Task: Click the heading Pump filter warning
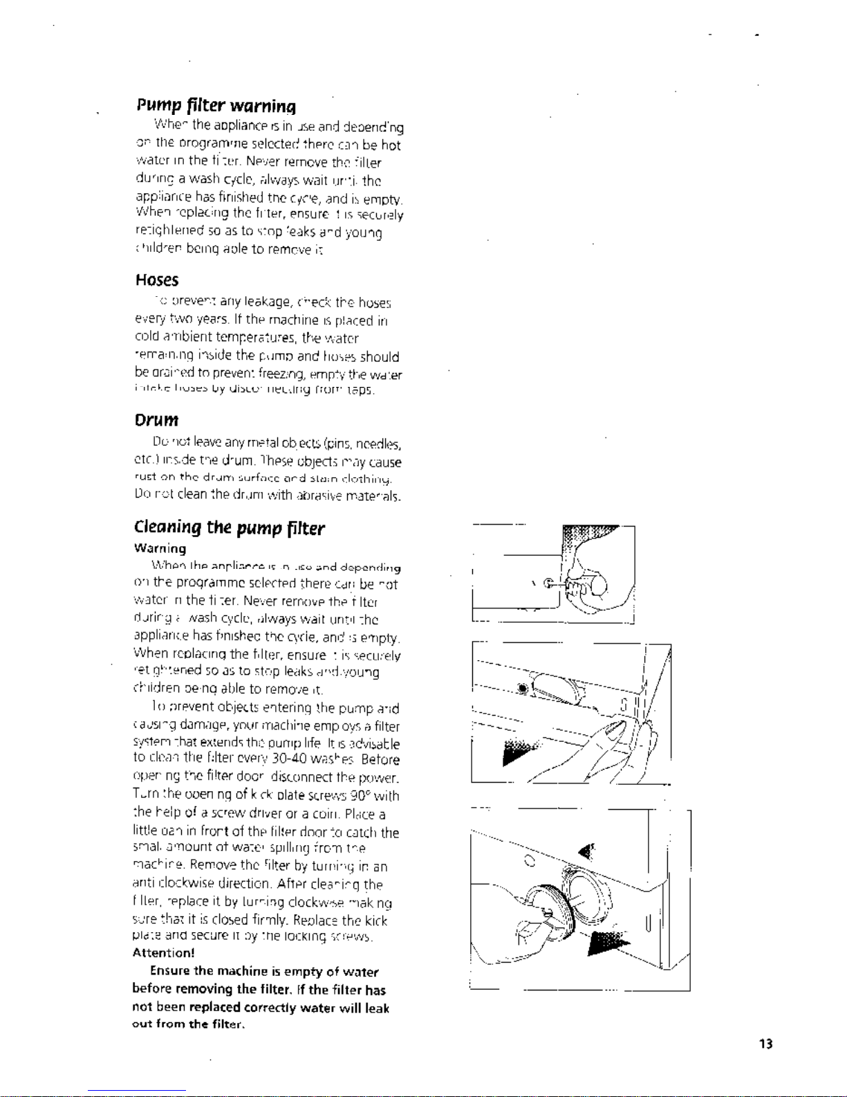[216, 106]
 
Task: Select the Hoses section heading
[157, 280]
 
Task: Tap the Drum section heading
[156, 421]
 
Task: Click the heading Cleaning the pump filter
[229, 528]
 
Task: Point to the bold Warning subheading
[160, 549]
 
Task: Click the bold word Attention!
[163, 953]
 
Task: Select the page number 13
[765, 1044]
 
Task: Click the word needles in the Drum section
[378, 444]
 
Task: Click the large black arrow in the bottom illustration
[608, 943]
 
